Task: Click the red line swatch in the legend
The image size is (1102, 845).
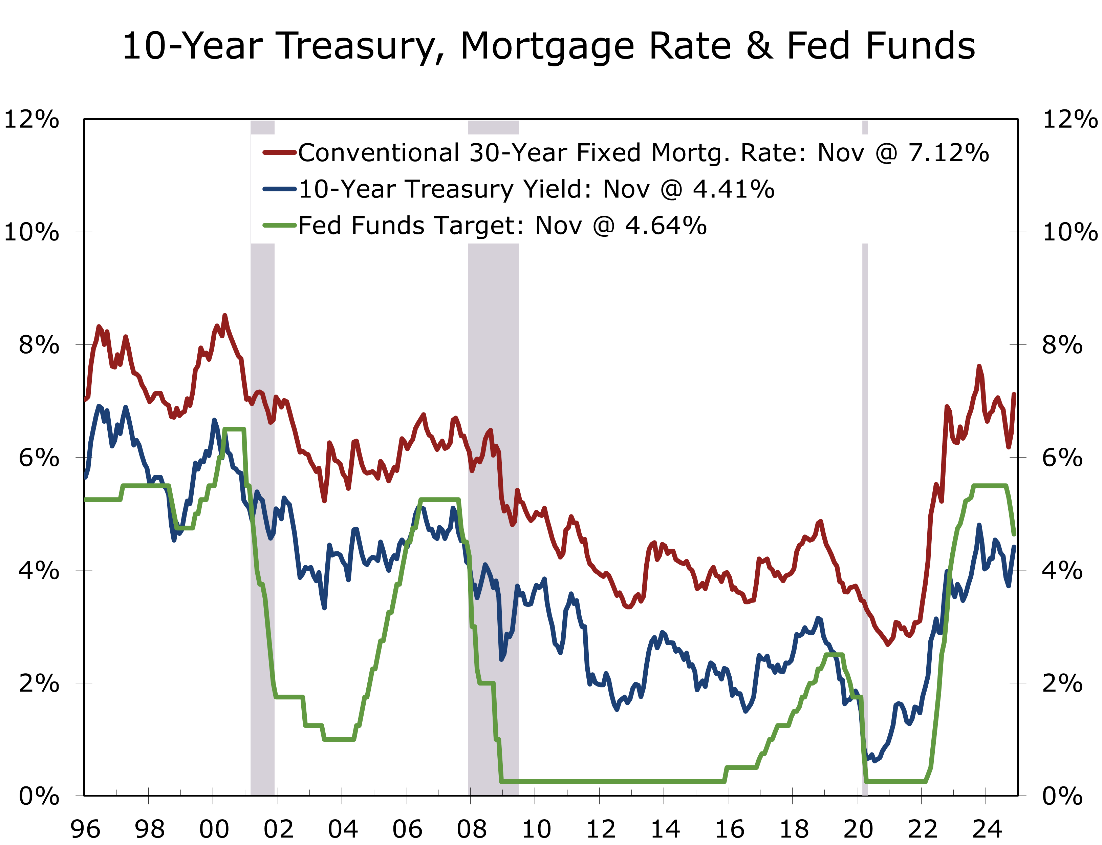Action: pos(279,152)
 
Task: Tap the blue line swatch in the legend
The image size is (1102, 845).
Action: pos(279,189)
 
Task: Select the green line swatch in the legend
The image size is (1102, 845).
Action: pos(279,225)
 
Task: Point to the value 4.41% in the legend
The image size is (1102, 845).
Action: pos(734,189)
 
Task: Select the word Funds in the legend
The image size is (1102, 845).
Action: pos(387,225)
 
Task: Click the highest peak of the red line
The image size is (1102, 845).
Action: pos(225,316)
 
